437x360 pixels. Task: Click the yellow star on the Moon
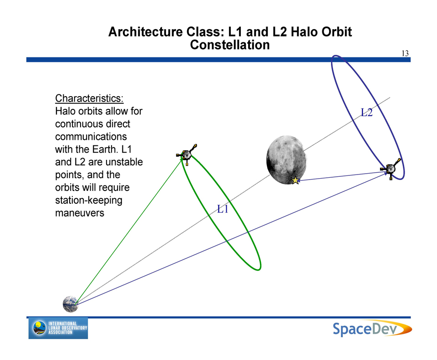click(295, 180)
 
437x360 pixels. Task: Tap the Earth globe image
click(71, 304)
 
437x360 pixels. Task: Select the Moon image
click(286, 160)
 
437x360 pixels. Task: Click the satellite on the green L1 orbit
click(187, 154)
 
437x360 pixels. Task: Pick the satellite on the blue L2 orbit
click(391, 169)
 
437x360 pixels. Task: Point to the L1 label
click(223, 209)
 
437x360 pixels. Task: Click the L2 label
click(367, 113)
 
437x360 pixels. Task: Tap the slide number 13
click(405, 53)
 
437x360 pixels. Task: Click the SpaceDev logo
click(372, 329)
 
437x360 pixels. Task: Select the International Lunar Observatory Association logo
click(58, 328)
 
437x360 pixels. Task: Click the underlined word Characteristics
click(89, 98)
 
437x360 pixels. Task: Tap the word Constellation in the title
click(230, 45)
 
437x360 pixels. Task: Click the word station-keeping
click(89, 201)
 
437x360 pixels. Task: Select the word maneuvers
click(80, 213)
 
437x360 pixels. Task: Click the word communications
click(91, 136)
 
